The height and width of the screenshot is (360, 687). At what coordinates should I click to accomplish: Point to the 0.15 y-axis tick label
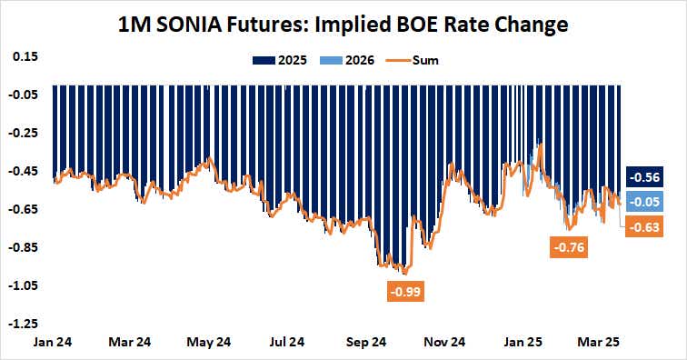(25, 56)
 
